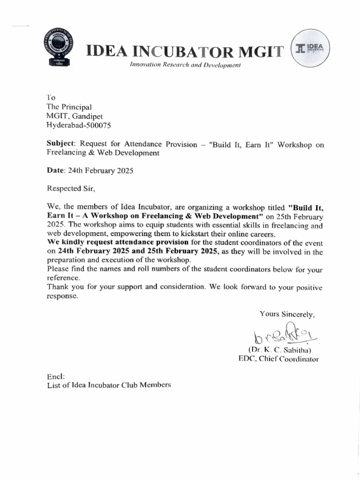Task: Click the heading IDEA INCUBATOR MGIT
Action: pyautogui.click(x=185, y=51)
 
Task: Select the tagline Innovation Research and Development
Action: pyautogui.click(x=185, y=65)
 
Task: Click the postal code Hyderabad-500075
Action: pyautogui.click(x=79, y=125)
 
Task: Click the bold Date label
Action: pyautogui.click(x=55, y=171)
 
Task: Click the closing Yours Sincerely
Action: pyautogui.click(x=287, y=315)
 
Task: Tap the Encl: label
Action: pyautogui.click(x=55, y=376)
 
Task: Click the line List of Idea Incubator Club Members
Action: pyautogui.click(x=109, y=385)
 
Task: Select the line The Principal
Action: pyautogui.click(x=69, y=107)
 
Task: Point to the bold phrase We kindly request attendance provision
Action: pyautogui.click(x=118, y=243)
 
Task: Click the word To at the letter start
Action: pyautogui.click(x=51, y=97)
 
